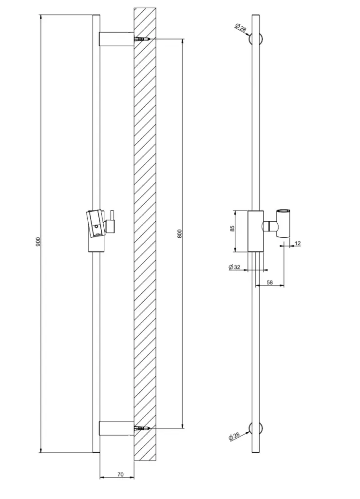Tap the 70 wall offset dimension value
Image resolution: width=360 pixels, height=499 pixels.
pyautogui.click(x=120, y=475)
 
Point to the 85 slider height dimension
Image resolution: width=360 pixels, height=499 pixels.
pyautogui.click(x=232, y=228)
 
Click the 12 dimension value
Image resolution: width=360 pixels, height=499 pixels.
pyautogui.click(x=298, y=244)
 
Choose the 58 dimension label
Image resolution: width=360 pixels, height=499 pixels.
pyautogui.click(x=270, y=282)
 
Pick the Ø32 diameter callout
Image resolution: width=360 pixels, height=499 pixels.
pyautogui.click(x=234, y=267)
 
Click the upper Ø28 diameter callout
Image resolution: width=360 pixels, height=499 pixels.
pyautogui.click(x=241, y=28)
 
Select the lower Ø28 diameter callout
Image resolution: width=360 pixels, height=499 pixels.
pyautogui.click(x=234, y=436)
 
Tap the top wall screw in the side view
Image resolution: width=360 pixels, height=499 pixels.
pyautogui.click(x=142, y=39)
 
